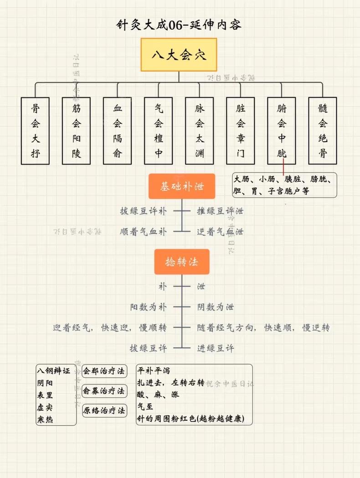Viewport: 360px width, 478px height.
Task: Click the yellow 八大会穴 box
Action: [x=179, y=55]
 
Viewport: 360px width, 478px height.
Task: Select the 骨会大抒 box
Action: [x=36, y=131]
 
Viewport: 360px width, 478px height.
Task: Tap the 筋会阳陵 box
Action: [x=77, y=131]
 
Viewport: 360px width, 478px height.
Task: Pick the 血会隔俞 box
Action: [x=118, y=131]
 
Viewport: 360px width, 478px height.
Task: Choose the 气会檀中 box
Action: [x=159, y=131]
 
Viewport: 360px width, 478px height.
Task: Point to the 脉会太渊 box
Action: [x=200, y=131]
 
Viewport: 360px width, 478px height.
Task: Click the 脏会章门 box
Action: [x=241, y=131]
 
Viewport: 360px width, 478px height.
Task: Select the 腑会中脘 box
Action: [x=282, y=131]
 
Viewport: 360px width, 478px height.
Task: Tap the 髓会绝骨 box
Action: [x=323, y=131]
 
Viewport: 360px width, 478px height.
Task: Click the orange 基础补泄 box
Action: [x=182, y=186]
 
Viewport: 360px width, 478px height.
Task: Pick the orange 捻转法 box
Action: [x=182, y=262]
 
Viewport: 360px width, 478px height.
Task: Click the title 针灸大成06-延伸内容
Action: [x=179, y=25]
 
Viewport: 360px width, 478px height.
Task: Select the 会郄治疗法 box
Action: [x=104, y=371]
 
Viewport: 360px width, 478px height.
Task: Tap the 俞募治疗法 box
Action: [x=104, y=391]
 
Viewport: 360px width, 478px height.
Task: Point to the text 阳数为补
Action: [x=148, y=307]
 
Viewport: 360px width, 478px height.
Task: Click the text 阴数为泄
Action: [x=216, y=307]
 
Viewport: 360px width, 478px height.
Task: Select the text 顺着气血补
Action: [x=144, y=232]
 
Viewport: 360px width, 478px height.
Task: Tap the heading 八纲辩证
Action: [x=54, y=371]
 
